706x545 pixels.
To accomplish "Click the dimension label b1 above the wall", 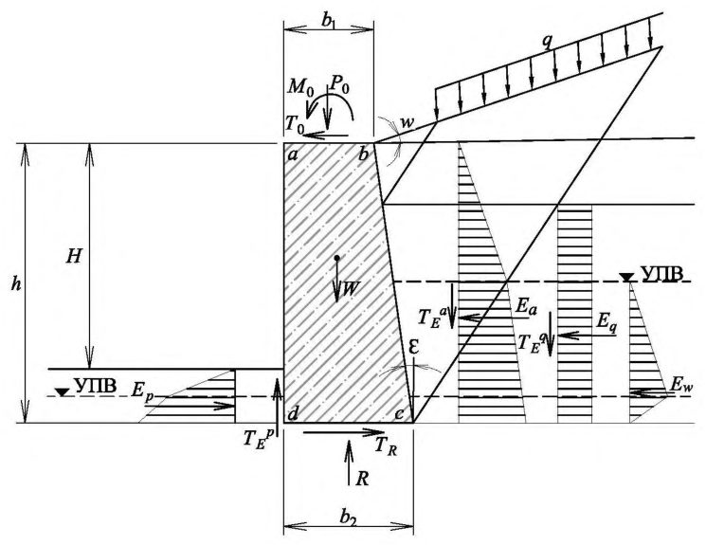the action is click(329, 22).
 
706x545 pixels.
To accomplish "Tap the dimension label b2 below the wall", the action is click(348, 518).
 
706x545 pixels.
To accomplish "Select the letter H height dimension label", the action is click(74, 256).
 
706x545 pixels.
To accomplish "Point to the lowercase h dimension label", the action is click(16, 284).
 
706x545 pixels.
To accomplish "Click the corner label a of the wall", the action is click(293, 155).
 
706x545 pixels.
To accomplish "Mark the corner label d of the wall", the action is click(293, 413).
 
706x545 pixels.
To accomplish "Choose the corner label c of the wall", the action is click(399, 414).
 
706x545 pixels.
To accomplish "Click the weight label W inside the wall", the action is click(351, 289).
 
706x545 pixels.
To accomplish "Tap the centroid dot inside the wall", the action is click(336, 258).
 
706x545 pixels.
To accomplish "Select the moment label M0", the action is click(299, 86).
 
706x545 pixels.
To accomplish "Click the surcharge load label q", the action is click(547, 42).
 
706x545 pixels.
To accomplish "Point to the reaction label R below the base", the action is click(362, 480).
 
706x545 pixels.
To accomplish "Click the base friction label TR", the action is click(387, 447).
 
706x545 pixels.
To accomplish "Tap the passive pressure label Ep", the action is click(143, 391).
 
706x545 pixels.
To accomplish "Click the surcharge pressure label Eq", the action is click(606, 322).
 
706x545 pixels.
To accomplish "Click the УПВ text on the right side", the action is click(661, 273).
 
